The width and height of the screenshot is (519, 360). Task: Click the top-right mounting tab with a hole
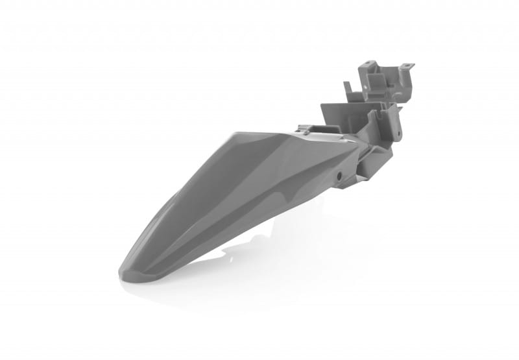pos(407,66)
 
